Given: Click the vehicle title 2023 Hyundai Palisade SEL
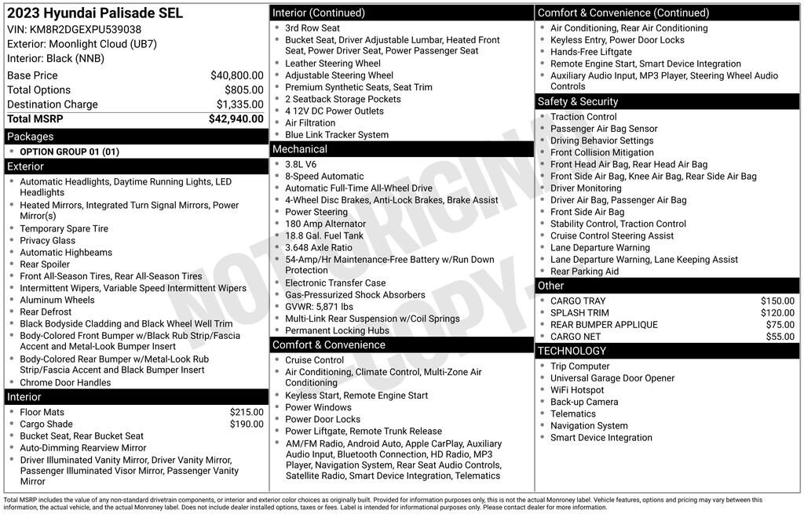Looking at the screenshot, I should coord(95,13).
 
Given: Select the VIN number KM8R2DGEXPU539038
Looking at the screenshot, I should coord(86,30).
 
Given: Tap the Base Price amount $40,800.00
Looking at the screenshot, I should coord(236,75).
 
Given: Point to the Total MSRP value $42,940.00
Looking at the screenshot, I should coord(236,119).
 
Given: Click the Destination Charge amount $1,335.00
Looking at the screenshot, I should coord(239,104).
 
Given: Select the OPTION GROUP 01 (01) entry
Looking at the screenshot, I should coord(69,151).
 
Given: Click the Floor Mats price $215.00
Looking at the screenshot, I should coord(247,412).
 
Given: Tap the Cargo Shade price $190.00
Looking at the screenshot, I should coord(247,425).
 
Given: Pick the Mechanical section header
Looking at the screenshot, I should coord(300,149).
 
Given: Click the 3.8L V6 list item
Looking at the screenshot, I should coord(301,165).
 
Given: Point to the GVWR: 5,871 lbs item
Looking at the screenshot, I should coord(319,307).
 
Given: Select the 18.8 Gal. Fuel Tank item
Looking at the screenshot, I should coord(324,235).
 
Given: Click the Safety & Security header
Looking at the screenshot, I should coord(578,101).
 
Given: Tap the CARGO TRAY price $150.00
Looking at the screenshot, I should coord(777,301).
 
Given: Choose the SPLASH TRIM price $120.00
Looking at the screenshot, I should coord(777,313).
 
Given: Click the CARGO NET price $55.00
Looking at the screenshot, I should coord(780,337).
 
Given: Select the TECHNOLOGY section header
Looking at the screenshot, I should coord(572,351).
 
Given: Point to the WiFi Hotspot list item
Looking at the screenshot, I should coord(577,390).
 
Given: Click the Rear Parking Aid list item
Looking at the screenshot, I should coord(584,272).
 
